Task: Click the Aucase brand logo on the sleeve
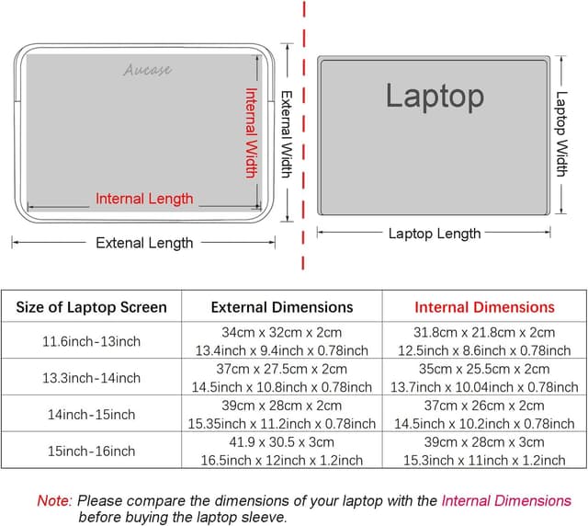click(x=148, y=70)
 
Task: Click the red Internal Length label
click(x=144, y=199)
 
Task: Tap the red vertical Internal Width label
click(x=251, y=132)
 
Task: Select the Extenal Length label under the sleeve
click(x=144, y=243)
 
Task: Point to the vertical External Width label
click(x=287, y=133)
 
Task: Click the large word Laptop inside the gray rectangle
click(x=434, y=96)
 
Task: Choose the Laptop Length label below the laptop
click(x=434, y=234)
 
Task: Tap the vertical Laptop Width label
click(x=561, y=133)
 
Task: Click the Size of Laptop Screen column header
click(x=91, y=307)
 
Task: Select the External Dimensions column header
click(x=282, y=307)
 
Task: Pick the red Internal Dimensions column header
click(x=484, y=307)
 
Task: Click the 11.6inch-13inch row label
click(x=91, y=341)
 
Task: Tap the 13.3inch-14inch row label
click(x=91, y=378)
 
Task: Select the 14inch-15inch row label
click(x=91, y=415)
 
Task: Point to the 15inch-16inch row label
click(x=91, y=452)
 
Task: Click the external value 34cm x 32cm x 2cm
click(x=282, y=332)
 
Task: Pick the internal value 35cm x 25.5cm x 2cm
click(x=484, y=369)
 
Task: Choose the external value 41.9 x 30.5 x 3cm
click(x=282, y=442)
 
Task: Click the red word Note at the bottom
click(x=53, y=501)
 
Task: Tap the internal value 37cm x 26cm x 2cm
click(x=484, y=406)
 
